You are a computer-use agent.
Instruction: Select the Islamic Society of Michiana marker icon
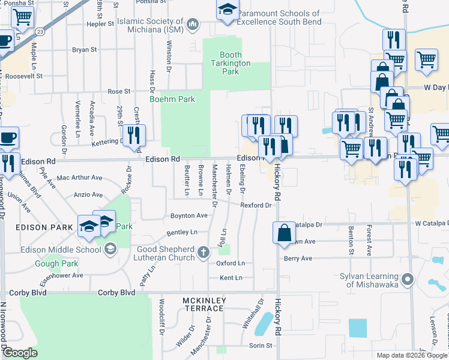click(x=193, y=25)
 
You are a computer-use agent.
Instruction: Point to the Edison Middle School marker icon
click(x=110, y=249)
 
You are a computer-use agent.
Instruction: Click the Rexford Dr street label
click(x=256, y=205)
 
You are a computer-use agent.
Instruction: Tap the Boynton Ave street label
click(x=188, y=215)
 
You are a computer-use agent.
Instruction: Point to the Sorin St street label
click(x=261, y=346)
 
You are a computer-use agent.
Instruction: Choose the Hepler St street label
click(x=101, y=24)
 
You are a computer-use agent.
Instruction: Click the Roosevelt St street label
click(x=22, y=76)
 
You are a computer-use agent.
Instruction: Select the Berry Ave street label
click(x=298, y=259)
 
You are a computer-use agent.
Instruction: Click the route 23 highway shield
click(x=38, y=29)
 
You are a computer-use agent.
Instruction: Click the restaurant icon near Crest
click(x=133, y=136)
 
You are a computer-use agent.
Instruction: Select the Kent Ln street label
click(x=231, y=278)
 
